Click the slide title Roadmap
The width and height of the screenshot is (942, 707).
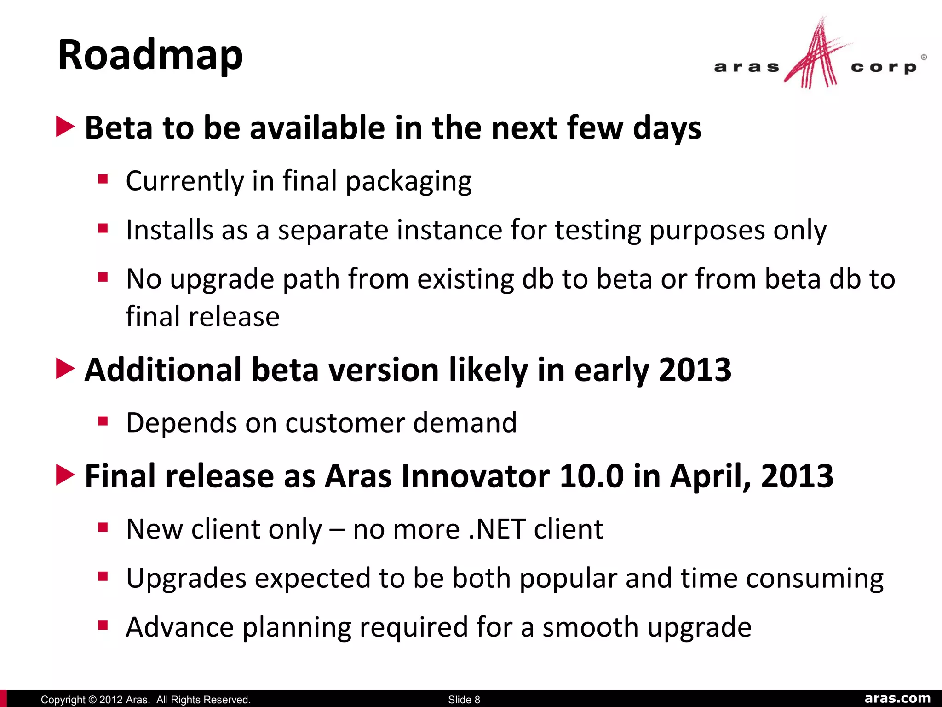point(150,55)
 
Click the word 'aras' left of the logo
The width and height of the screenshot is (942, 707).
point(747,68)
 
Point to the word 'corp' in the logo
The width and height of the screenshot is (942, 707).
point(884,68)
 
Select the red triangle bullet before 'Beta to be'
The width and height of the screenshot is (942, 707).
point(65,127)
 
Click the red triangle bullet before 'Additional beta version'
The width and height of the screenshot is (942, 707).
point(65,369)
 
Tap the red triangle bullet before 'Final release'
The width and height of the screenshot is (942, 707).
point(65,475)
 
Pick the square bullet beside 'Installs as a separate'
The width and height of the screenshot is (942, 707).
point(103,228)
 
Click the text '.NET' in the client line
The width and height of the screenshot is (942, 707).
point(497,529)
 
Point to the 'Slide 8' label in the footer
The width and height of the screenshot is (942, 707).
point(464,700)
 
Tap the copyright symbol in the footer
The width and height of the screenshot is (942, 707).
point(92,700)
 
